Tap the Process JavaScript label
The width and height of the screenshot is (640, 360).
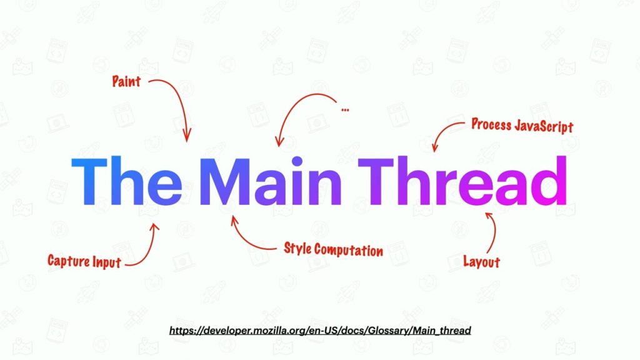coord(522,125)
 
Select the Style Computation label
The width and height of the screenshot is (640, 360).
coord(333,249)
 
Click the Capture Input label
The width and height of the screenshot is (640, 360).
coord(84,261)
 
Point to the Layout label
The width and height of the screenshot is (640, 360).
coord(481,261)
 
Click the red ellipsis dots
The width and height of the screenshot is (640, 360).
coord(345,110)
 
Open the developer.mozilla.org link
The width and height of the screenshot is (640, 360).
coord(319,329)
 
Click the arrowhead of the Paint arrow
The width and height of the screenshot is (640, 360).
coord(187,136)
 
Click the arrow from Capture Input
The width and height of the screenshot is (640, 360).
coord(148,245)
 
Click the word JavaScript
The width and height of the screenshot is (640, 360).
coord(543,126)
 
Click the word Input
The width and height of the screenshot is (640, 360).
coord(107,261)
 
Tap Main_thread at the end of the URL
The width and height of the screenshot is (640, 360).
coord(443,329)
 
